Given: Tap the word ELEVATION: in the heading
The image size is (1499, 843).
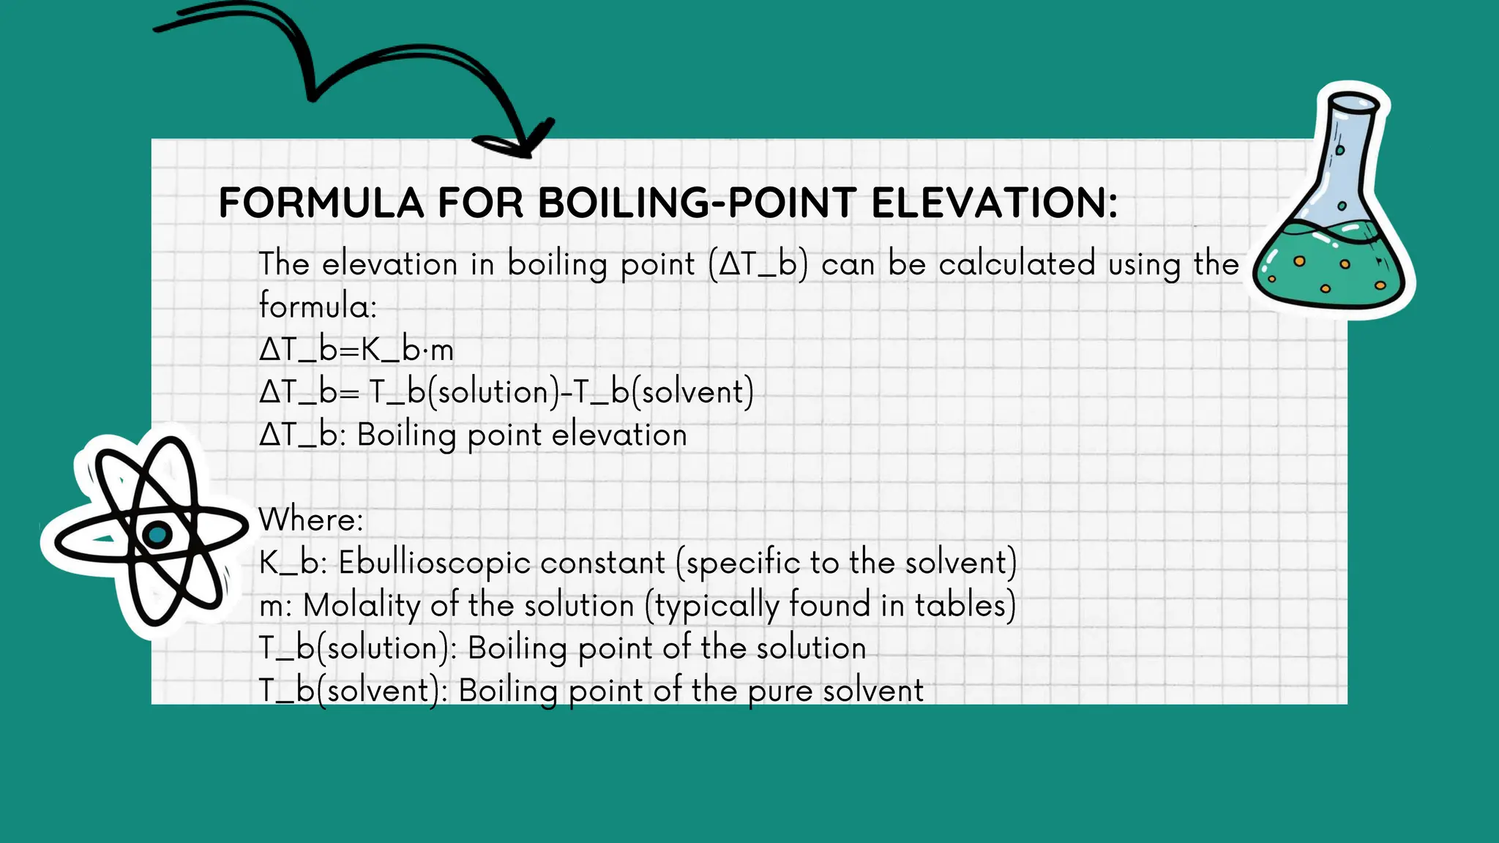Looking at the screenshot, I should tap(995, 203).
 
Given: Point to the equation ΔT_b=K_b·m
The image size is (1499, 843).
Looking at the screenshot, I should tap(356, 350).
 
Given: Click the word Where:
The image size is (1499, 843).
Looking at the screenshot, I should tap(311, 520).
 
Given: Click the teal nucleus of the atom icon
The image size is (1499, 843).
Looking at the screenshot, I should tap(157, 535).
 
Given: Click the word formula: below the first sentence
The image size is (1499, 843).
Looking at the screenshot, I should tap(318, 306).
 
